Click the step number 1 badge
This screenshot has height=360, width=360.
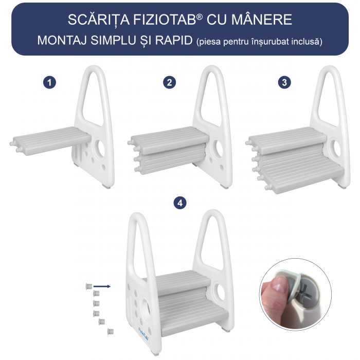[49, 82]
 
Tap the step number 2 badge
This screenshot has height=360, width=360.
[169, 82]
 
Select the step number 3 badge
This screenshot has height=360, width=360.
[284, 82]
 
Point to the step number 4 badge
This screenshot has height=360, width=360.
[180, 203]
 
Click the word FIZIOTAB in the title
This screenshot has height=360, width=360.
[165, 20]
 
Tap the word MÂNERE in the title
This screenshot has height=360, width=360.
[262, 20]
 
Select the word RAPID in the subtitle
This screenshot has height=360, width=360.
[174, 41]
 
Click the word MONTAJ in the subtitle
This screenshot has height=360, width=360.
[62, 41]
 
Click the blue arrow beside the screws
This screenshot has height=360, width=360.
[102, 286]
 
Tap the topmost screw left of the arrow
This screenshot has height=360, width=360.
[89, 286]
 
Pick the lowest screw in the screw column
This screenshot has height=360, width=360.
[111, 332]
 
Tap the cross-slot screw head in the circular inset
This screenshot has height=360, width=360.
[308, 289]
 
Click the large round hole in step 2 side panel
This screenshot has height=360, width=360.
[219, 148]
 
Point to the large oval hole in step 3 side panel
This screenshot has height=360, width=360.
[336, 149]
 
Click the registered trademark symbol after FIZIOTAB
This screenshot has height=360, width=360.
[200, 17]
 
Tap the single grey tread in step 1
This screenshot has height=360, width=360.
[52, 140]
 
